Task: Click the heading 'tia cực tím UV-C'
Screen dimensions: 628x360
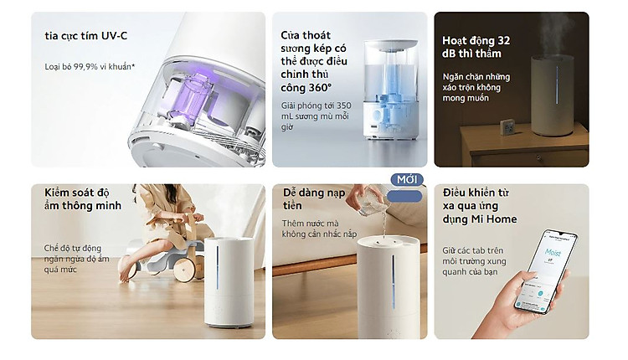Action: click(85, 36)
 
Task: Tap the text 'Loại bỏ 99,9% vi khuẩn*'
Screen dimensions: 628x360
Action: click(90, 66)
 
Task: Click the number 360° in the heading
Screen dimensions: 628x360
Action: click(318, 87)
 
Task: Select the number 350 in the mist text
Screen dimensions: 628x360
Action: click(343, 105)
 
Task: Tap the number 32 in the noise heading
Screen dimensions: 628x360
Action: click(503, 40)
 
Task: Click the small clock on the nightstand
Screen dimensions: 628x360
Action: click(508, 127)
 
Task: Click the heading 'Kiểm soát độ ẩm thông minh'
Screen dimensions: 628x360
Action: click(83, 199)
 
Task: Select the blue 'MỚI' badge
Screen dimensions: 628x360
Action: click(407, 180)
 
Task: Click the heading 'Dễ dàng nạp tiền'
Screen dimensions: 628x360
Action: click(314, 199)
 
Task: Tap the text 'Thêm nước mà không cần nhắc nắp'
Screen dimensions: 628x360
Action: click(319, 229)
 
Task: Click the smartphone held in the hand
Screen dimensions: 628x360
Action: click(545, 270)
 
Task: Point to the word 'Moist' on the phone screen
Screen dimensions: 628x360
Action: click(553, 252)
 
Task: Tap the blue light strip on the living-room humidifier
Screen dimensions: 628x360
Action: click(218, 267)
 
